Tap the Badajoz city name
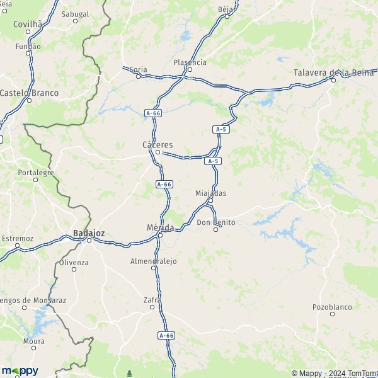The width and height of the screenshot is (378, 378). (x=88, y=232)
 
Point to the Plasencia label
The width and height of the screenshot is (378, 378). (x=190, y=62)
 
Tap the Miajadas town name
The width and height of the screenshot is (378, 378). (x=210, y=193)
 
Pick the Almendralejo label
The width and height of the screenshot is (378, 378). (x=153, y=261)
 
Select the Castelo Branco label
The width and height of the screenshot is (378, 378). (x=29, y=93)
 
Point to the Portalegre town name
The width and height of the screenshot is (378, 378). (x=36, y=172)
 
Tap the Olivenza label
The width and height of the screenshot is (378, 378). (x=74, y=261)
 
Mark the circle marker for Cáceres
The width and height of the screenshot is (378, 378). (x=157, y=152)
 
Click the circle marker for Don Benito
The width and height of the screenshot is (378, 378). (x=215, y=229)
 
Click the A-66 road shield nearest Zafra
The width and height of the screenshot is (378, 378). (x=166, y=336)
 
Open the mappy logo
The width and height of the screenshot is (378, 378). (x=20, y=370)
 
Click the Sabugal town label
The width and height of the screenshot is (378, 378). (x=75, y=13)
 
